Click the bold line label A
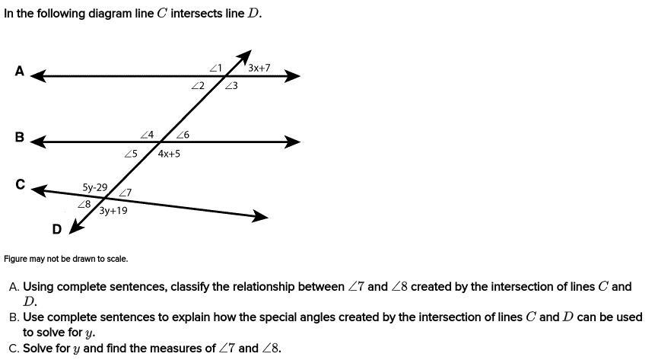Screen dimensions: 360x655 pyautogui.click(x=20, y=72)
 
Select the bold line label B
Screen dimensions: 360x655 pyautogui.click(x=20, y=138)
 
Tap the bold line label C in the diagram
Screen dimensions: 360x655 pyautogui.click(x=20, y=185)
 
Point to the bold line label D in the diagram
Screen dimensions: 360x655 pyautogui.click(x=56, y=228)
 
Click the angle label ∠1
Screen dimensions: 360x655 pyautogui.click(x=215, y=68)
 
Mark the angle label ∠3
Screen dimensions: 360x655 pyautogui.click(x=231, y=86)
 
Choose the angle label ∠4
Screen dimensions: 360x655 pyautogui.click(x=147, y=135)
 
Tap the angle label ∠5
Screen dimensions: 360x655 pyautogui.click(x=130, y=154)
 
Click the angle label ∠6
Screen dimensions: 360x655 pyautogui.click(x=183, y=135)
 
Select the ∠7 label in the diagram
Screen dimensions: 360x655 pyautogui.click(x=125, y=193)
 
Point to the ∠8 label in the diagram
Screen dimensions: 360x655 pyautogui.click(x=84, y=204)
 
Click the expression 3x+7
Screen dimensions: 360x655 pyautogui.click(x=259, y=68)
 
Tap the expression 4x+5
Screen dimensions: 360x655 pyautogui.click(x=169, y=154)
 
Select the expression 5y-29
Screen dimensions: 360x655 pyautogui.click(x=95, y=187)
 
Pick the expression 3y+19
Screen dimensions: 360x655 pyautogui.click(x=113, y=211)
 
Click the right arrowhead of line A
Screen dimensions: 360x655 pyautogui.click(x=294, y=76)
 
